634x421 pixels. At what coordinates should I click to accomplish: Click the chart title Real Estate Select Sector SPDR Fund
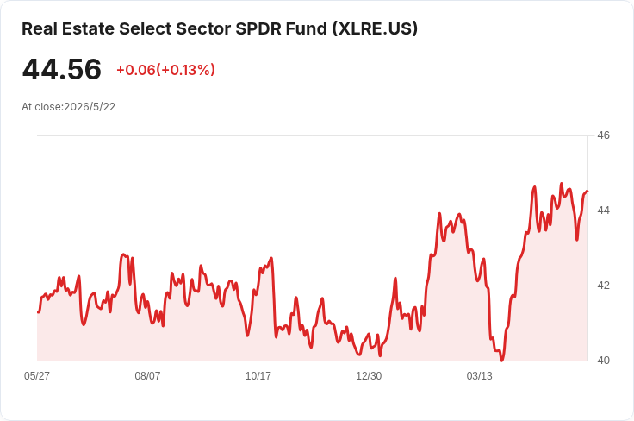click(174, 28)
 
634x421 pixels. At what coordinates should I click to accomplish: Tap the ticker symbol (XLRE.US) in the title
click(375, 28)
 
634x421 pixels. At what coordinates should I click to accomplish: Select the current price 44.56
click(61, 69)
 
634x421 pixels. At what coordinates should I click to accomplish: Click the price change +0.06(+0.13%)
click(165, 70)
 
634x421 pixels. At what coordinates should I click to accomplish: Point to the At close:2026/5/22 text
click(68, 107)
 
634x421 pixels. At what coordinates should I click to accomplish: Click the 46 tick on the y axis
click(603, 135)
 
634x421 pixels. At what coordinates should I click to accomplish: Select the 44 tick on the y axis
click(603, 210)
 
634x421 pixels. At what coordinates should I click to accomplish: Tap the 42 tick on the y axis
click(603, 286)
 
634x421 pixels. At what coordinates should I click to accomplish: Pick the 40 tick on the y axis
click(603, 361)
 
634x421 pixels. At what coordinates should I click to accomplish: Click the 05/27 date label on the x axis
click(37, 376)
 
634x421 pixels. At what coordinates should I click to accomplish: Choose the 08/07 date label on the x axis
click(147, 376)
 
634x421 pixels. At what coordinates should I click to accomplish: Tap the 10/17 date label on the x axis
click(258, 376)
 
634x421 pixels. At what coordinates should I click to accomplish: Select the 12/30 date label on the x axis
click(369, 376)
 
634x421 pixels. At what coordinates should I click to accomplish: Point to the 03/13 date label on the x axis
click(480, 376)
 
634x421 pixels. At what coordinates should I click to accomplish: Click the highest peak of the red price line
click(562, 184)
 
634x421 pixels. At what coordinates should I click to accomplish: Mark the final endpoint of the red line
click(587, 191)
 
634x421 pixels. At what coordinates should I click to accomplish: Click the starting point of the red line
click(38, 312)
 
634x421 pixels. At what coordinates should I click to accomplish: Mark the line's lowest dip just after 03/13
click(502, 360)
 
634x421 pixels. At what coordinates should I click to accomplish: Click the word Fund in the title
click(307, 28)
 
